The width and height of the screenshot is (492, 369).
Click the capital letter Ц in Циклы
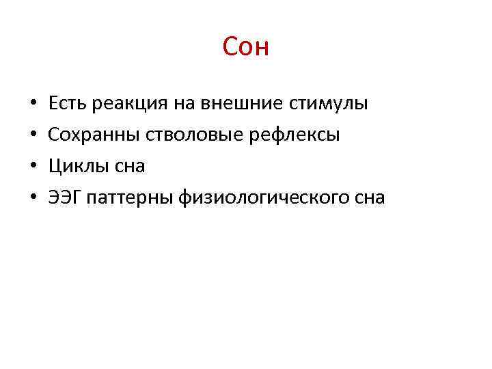pyautogui.click(x=55, y=166)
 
